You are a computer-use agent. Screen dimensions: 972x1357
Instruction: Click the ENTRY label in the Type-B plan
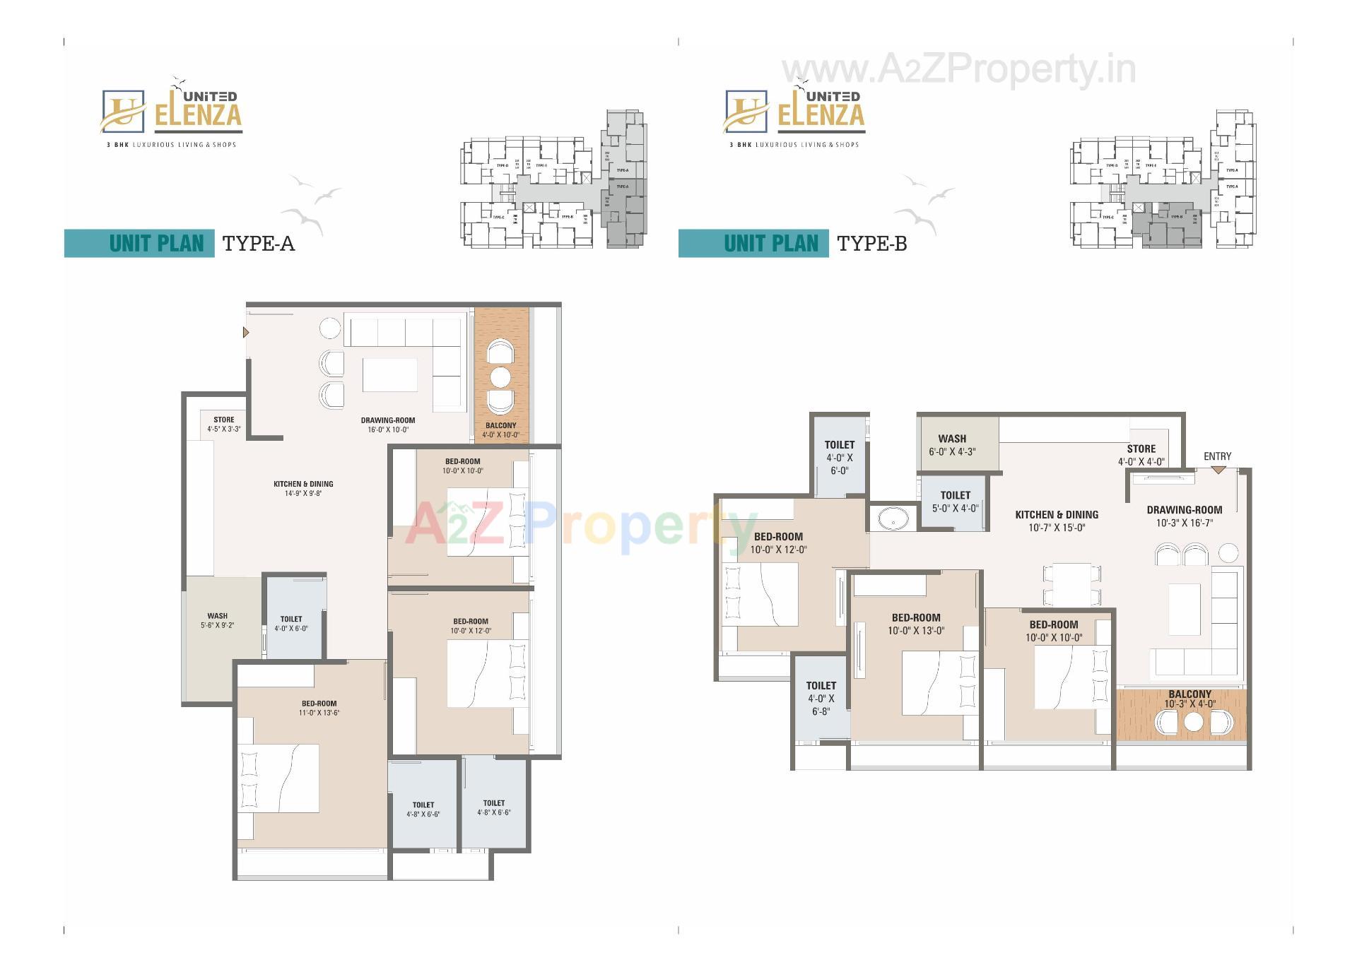point(1217,456)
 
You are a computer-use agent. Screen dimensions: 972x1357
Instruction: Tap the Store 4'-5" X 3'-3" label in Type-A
point(224,424)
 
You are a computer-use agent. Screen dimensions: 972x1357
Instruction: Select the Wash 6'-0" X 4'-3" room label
point(952,445)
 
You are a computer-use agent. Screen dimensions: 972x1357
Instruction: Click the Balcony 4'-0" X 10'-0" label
point(500,429)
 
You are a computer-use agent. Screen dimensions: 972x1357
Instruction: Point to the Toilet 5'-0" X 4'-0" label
point(955,502)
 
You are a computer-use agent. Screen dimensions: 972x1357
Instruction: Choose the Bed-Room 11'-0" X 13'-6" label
point(319,708)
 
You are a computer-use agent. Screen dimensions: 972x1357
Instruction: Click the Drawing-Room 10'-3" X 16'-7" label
point(1184,516)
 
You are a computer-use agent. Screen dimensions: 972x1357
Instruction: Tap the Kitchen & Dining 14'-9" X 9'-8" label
point(303,488)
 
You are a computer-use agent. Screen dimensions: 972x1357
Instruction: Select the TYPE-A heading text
point(258,244)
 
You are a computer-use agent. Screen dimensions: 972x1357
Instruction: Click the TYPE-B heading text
point(871,244)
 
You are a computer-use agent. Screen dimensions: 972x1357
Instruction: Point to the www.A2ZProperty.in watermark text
point(958,70)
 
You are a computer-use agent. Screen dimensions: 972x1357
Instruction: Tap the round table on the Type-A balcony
point(500,378)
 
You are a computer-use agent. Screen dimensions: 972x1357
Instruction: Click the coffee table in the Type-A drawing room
point(389,375)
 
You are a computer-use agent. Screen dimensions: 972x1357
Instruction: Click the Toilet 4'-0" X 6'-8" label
point(821,698)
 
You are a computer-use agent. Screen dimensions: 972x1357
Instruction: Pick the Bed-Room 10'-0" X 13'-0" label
point(916,624)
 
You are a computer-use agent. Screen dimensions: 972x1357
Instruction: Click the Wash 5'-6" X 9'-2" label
point(217,620)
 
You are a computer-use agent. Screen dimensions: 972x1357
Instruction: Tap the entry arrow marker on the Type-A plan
point(246,332)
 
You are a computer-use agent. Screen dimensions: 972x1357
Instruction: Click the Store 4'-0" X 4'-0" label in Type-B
point(1141,455)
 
